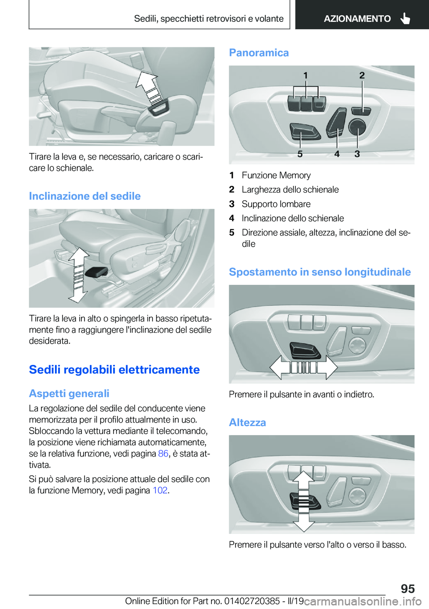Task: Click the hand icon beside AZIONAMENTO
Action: pos(405,18)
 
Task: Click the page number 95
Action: pos(408,588)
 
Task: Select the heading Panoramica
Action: pos(259,53)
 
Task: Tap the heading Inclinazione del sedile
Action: pos(85,196)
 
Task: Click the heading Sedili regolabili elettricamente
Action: pos(114,369)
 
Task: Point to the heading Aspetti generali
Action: pos(69,393)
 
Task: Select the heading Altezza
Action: pos(247,423)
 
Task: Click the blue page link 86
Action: pos(163,453)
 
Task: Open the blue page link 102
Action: pos(160,490)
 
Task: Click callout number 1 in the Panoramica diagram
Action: pos(306,75)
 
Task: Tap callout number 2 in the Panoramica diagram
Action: pos(362,75)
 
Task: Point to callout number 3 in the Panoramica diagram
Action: pos(357,154)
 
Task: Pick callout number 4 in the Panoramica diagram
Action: pos(337,154)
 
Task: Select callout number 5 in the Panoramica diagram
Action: pos(300,154)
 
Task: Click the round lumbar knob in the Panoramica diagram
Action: pos(357,127)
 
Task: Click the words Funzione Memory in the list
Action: pos(276,175)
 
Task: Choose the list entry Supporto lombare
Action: pos(276,204)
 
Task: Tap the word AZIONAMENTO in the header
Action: pos(357,19)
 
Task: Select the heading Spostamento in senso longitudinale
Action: pos(320,272)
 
